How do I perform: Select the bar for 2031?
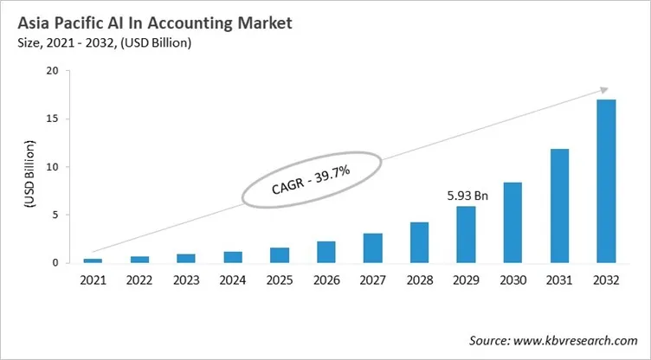[x=558, y=206]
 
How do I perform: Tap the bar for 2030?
[x=512, y=222]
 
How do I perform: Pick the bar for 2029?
[x=466, y=235]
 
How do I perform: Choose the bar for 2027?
[x=373, y=247]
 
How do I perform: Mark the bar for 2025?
[x=280, y=255]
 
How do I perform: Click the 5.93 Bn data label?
[x=467, y=196]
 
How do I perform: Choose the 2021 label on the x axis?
[x=93, y=281]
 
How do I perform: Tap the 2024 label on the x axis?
[x=233, y=281]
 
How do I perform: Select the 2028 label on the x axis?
[x=419, y=281]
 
